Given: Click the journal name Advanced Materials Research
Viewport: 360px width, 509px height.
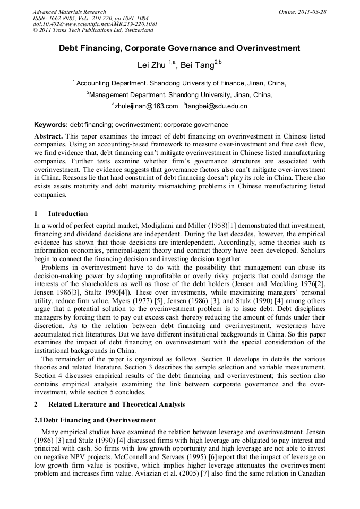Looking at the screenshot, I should point(70,12).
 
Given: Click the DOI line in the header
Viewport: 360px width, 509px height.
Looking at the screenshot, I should point(95,24).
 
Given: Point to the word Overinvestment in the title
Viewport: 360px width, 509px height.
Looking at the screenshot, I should point(269,48).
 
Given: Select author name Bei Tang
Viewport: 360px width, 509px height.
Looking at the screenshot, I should point(196,66).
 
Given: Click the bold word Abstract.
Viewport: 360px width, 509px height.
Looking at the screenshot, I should point(48,136).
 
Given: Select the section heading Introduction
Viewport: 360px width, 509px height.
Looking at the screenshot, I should point(68,214).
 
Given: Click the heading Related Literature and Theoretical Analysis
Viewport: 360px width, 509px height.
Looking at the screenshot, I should point(117,404).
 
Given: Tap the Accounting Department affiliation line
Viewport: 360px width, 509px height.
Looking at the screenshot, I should point(181,83).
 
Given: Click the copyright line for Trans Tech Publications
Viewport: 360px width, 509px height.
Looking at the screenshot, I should point(93,31).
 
